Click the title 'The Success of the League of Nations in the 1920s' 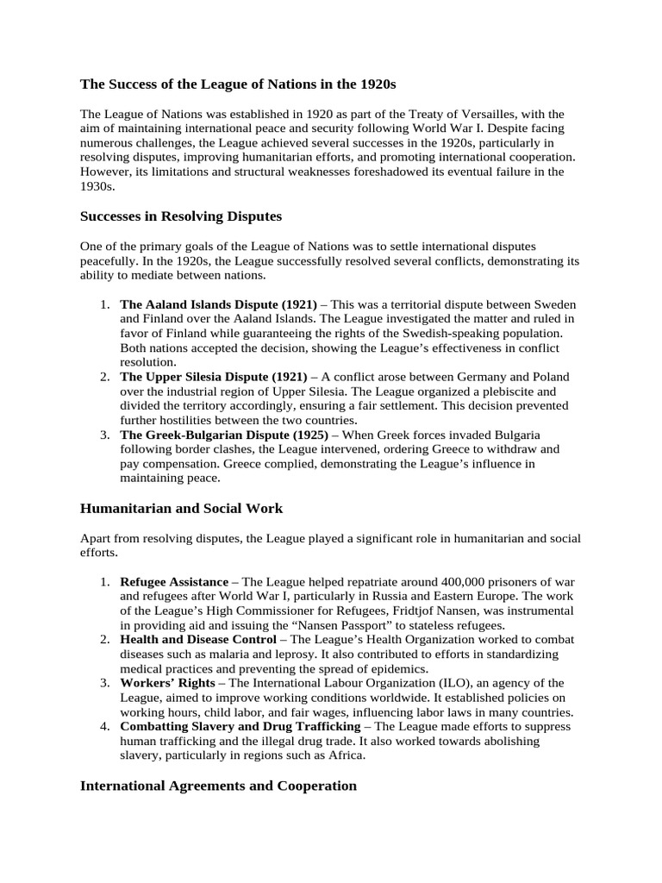(x=238, y=84)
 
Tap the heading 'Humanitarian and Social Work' (x=181, y=508)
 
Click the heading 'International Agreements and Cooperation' (x=218, y=786)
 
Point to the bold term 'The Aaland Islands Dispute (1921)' (x=218, y=305)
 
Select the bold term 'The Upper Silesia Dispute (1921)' (x=213, y=377)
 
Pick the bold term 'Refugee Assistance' (x=173, y=581)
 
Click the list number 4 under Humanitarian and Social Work (x=103, y=727)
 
